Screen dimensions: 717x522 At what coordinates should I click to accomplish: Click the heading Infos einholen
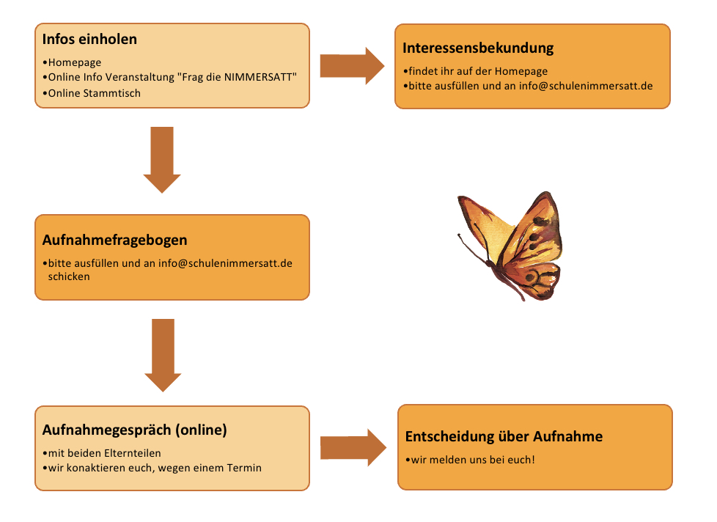[x=89, y=40]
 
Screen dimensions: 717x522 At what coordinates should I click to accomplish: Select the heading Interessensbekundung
[x=478, y=48]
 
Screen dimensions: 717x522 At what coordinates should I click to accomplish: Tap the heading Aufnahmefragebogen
[x=115, y=240]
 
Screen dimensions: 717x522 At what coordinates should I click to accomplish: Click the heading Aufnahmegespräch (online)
[x=134, y=430]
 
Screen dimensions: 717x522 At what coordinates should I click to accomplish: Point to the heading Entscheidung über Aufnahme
[x=504, y=436]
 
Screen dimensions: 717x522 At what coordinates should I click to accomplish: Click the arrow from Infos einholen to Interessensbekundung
[x=352, y=66]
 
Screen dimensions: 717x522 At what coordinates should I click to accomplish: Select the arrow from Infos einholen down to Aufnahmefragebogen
[x=162, y=160]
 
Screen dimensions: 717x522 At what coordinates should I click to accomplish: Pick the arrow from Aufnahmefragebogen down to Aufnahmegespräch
[x=163, y=355]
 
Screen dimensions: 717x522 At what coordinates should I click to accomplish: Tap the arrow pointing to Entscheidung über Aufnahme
[x=353, y=447]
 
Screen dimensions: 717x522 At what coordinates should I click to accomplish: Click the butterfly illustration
[x=510, y=246]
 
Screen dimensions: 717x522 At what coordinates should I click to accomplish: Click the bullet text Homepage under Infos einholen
[x=75, y=62]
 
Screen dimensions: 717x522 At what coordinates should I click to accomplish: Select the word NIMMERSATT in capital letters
[x=257, y=77]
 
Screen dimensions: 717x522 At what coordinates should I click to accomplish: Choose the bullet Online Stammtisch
[x=94, y=93]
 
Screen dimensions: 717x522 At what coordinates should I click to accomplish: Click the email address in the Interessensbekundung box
[x=586, y=86]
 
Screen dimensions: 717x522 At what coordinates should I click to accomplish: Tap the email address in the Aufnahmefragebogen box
[x=225, y=263]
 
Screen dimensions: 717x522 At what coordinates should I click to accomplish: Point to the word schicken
[x=69, y=276]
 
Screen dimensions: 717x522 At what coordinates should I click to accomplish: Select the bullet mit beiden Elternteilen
[x=104, y=453]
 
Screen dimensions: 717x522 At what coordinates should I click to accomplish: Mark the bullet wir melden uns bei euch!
[x=473, y=460]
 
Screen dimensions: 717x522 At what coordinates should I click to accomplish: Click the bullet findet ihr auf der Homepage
[x=478, y=71]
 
